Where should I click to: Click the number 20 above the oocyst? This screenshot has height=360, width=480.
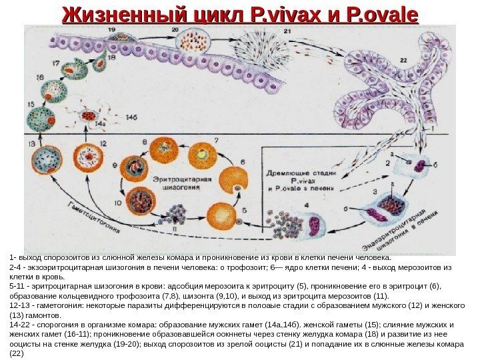(x=175, y=31)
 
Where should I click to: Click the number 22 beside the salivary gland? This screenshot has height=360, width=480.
(x=403, y=61)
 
